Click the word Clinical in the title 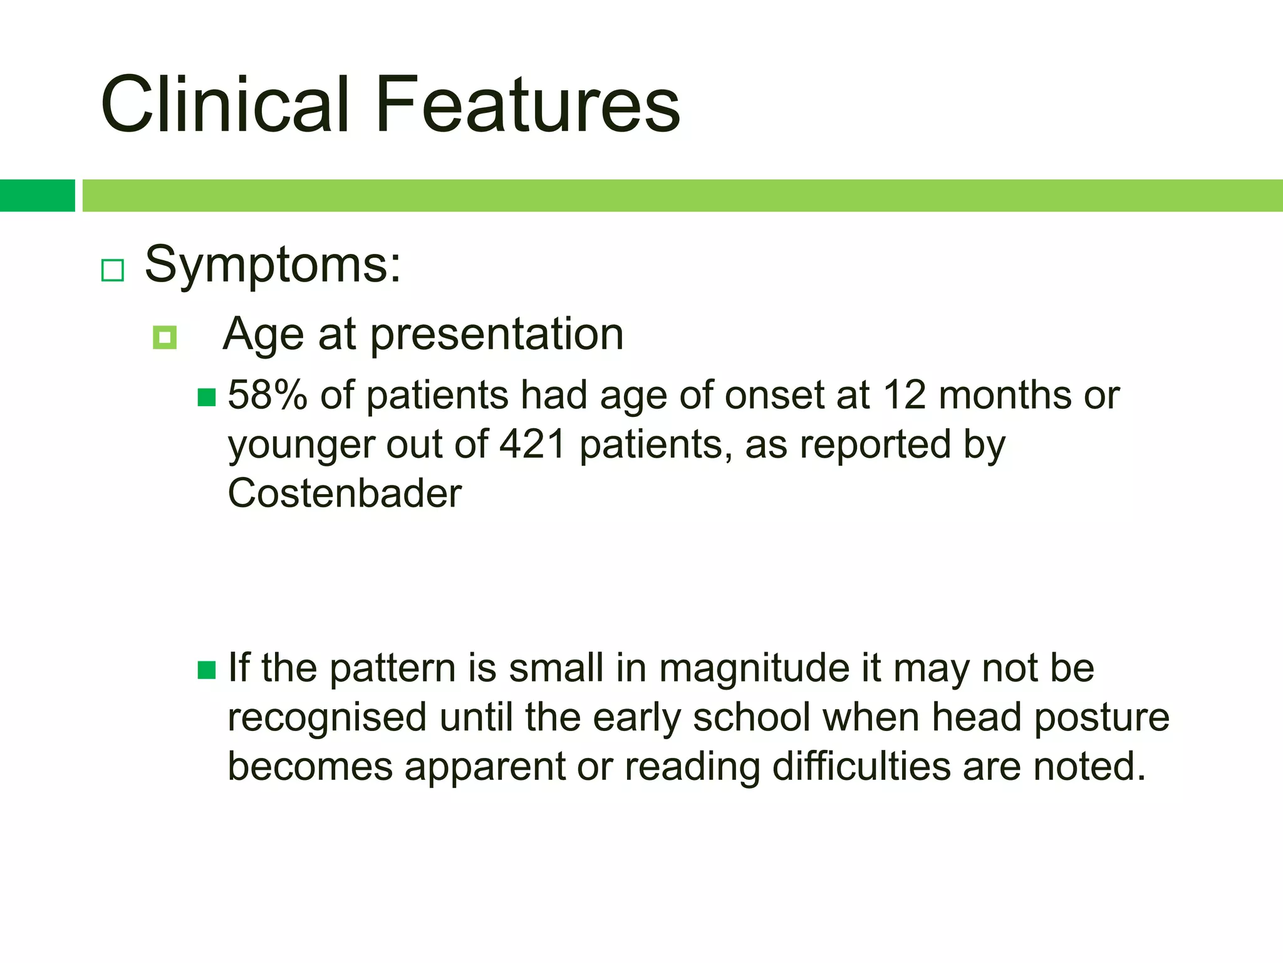[x=224, y=105]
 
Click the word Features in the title [x=527, y=105]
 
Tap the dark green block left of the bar [x=37, y=196]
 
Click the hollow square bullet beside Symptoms [x=113, y=270]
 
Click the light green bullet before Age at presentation [x=165, y=338]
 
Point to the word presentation [x=497, y=334]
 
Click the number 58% [x=268, y=396]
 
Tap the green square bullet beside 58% [x=207, y=397]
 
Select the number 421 [x=532, y=445]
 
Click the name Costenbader [x=345, y=493]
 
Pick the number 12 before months [x=905, y=396]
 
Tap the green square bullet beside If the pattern [x=207, y=670]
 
